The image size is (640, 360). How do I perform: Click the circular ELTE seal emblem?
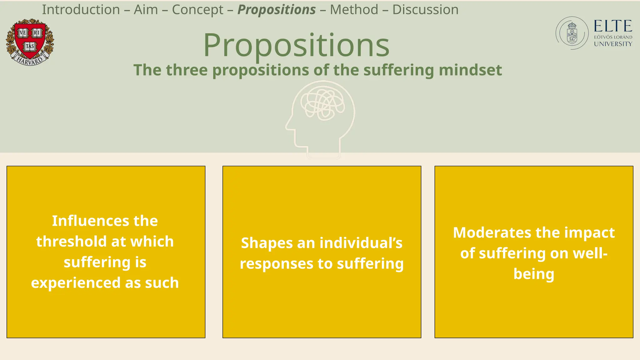tap(572, 33)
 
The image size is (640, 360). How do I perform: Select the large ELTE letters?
tap(613, 26)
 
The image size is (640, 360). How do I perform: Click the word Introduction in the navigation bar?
tap(81, 10)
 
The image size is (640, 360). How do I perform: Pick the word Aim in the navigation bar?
tap(146, 10)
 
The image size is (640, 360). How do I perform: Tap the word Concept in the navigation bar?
tap(197, 10)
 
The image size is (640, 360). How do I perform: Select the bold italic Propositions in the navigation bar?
tap(277, 10)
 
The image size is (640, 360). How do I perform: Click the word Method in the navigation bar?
tap(354, 10)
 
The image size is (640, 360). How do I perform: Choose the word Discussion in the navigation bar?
tap(425, 10)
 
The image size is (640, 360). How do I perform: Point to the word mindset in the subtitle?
tap(470, 70)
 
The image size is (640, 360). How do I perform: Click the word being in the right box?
tap(534, 274)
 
